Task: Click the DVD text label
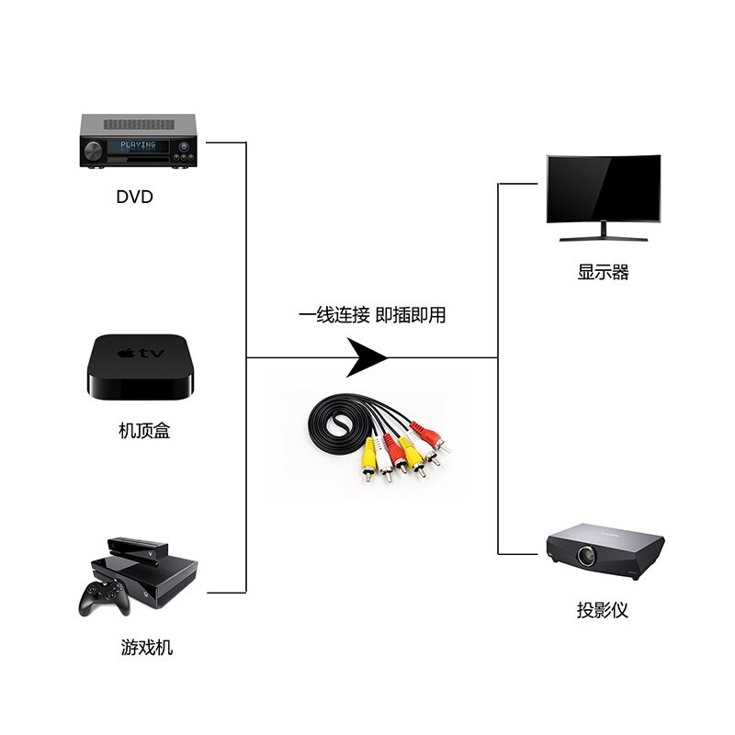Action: tap(134, 197)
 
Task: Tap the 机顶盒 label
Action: tap(144, 430)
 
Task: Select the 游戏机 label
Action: tap(147, 648)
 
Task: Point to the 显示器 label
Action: tap(603, 272)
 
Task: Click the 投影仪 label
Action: tap(603, 610)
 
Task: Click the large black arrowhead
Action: tap(366, 357)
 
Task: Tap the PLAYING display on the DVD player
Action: tap(139, 145)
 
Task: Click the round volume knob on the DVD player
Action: tap(93, 150)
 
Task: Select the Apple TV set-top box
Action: tap(140, 367)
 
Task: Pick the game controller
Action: tap(104, 598)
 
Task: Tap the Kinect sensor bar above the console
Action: tap(137, 547)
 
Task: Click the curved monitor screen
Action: tap(604, 188)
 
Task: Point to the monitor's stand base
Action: tap(604, 239)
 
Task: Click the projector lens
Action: tap(586, 556)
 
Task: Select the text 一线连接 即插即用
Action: tap(372, 315)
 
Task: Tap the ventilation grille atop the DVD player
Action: tap(139, 125)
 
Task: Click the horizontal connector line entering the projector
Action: tap(517, 554)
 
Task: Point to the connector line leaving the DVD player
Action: tap(226, 142)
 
